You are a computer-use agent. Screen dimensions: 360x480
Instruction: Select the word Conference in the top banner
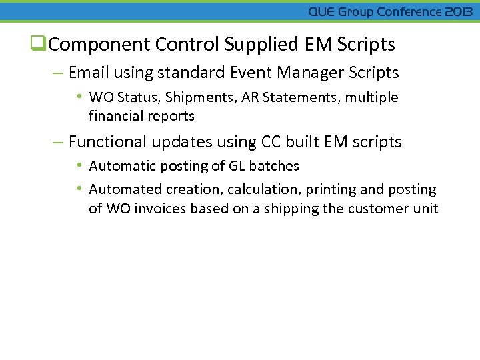pyautogui.click(x=409, y=12)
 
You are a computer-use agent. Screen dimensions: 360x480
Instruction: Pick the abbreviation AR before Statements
pyautogui.click(x=250, y=97)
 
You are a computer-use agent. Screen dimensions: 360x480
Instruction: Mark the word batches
pyautogui.click(x=274, y=166)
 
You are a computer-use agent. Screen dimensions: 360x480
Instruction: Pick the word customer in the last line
pyautogui.click(x=376, y=209)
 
